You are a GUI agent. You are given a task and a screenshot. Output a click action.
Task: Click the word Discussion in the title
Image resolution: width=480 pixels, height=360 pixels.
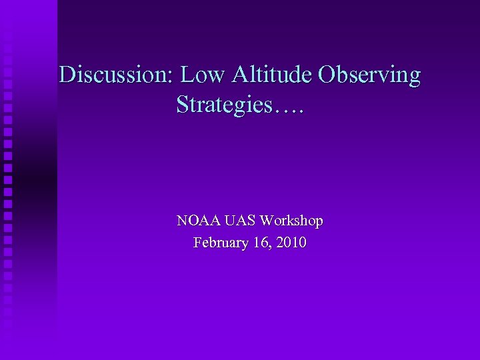coord(115,75)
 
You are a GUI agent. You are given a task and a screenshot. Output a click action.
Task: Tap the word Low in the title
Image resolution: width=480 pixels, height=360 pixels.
coord(203,75)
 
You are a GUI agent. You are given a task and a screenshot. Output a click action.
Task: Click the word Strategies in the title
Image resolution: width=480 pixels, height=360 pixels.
coord(224,105)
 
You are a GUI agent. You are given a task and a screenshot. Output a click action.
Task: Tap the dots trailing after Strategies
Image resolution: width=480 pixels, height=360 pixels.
coord(288,109)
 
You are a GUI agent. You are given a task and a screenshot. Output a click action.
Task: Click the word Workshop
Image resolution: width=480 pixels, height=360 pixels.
coord(291,221)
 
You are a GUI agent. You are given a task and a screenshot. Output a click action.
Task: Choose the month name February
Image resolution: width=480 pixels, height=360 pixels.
coord(221,243)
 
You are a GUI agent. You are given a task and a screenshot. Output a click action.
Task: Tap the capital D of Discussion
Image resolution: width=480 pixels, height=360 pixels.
coord(67,75)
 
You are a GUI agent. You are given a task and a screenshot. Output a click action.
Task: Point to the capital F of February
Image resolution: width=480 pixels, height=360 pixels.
coord(197,243)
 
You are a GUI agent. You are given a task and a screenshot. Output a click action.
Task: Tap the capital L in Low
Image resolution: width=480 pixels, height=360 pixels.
coord(187,75)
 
